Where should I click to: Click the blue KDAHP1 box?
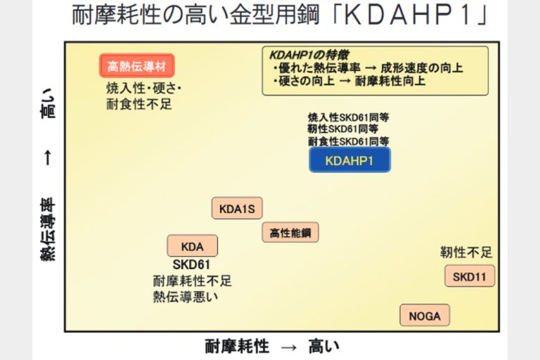tap(349, 160)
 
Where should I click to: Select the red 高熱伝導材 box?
tap(136, 67)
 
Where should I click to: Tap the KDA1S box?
tap(237, 209)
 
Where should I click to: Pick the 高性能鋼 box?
tap(290, 232)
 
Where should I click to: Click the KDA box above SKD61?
tap(192, 246)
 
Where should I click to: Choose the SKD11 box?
tap(469, 276)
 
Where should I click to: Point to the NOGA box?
tap(425, 316)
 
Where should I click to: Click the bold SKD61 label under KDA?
tap(191, 265)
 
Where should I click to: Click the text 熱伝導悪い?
tap(186, 296)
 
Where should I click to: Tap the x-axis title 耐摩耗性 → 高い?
tap(273, 346)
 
